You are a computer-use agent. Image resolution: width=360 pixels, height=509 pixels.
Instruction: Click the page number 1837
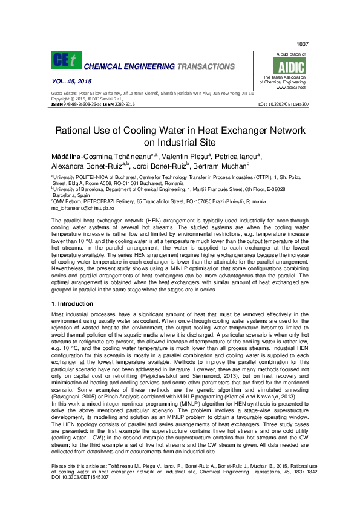[x=303, y=45]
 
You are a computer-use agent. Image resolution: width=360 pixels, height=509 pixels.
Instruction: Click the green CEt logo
[x=67, y=59]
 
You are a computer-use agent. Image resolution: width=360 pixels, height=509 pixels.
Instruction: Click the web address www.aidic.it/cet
[x=293, y=88]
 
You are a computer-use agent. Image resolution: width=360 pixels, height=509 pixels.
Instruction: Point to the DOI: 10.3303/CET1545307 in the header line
[x=283, y=104]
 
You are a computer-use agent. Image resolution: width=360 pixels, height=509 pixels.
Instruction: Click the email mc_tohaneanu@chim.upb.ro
[x=82, y=207]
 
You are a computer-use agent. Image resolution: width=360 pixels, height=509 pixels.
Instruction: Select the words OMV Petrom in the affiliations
[x=68, y=201]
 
